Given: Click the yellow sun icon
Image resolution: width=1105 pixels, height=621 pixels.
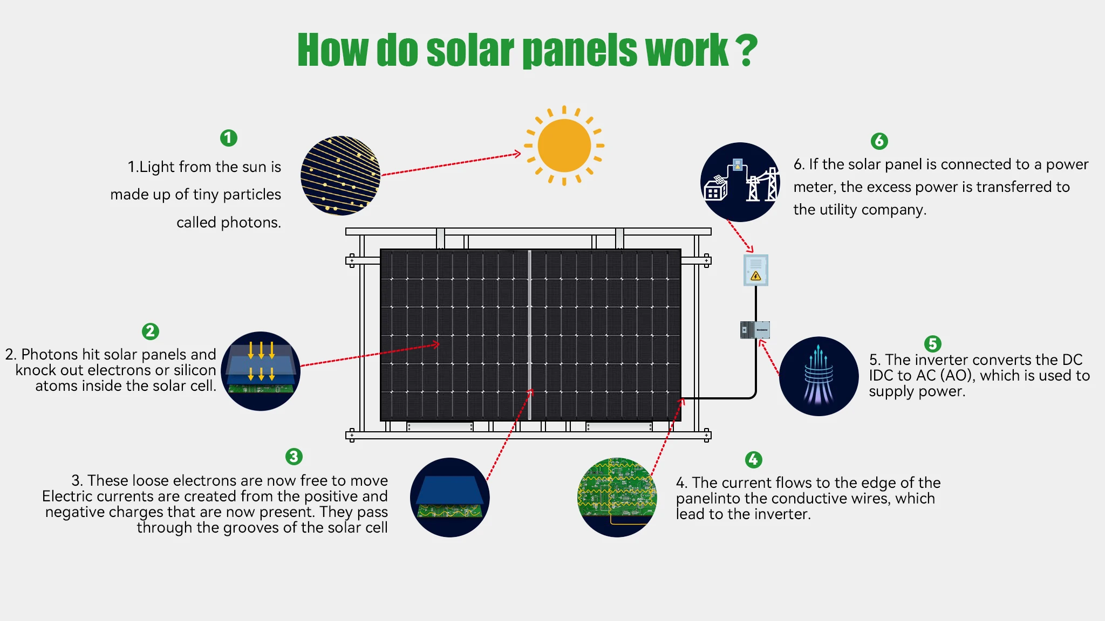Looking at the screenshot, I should click(x=564, y=146).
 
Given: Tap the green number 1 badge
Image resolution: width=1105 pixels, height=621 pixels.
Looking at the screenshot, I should click(x=229, y=138).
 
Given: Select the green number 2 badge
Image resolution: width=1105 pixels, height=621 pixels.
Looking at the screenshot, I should click(x=151, y=331).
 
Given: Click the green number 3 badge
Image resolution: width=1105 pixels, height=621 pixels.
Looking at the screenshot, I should click(x=294, y=457).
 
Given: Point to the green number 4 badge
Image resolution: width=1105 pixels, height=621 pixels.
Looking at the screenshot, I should click(x=753, y=459).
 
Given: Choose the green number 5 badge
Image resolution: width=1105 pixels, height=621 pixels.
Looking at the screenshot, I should click(x=932, y=343).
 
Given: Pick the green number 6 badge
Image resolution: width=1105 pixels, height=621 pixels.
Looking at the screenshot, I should click(x=879, y=141).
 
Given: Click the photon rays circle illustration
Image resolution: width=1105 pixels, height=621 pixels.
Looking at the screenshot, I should click(x=340, y=176).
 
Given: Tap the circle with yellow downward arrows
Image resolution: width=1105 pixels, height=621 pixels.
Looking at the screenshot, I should click(x=261, y=371).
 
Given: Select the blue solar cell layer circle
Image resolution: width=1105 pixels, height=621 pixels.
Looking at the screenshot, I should click(x=449, y=497).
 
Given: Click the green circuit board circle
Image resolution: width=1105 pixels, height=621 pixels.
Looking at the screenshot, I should click(x=617, y=497).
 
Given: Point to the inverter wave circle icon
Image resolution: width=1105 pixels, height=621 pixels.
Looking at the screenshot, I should click(x=818, y=376).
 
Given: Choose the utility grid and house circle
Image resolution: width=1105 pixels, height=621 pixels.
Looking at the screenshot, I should click(x=740, y=182).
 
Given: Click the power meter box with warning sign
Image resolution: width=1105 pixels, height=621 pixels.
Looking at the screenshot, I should click(x=755, y=270).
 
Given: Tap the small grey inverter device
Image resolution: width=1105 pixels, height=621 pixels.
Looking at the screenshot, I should click(x=755, y=330).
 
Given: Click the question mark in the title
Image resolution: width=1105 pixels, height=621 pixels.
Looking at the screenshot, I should click(x=746, y=51).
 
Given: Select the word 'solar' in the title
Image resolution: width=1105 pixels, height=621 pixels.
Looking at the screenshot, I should click(x=470, y=51).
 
